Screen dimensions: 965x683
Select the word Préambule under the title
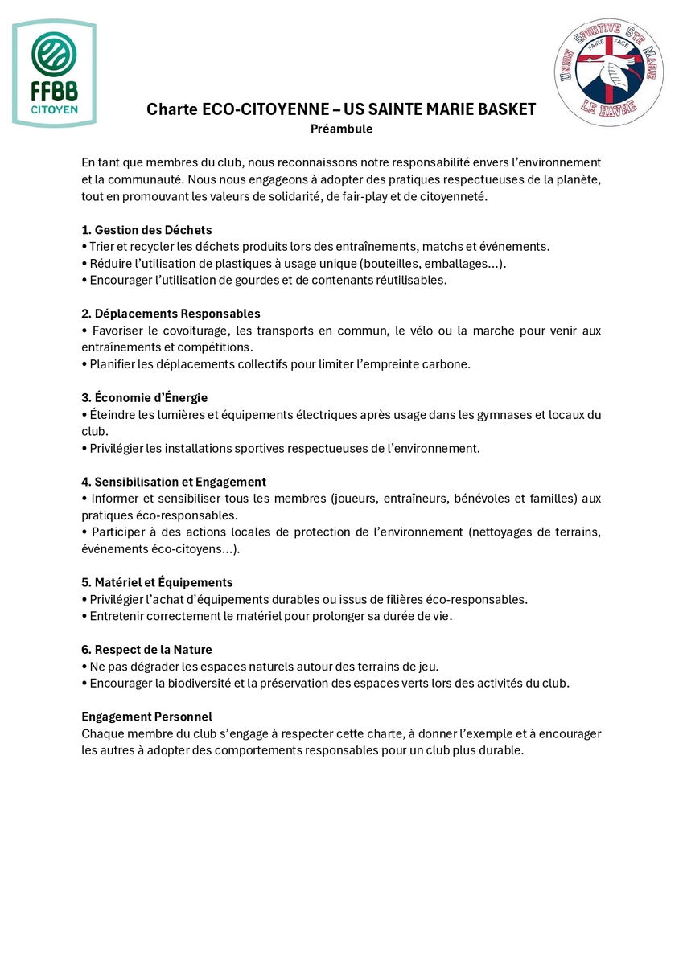coord(342,129)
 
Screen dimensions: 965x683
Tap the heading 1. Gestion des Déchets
coord(146,230)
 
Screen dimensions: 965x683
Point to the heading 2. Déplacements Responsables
coord(171,314)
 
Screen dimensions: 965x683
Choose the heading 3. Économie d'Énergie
coord(145,397)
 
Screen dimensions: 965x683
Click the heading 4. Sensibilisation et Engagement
coord(174,482)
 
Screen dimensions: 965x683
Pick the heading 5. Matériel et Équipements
coord(157,582)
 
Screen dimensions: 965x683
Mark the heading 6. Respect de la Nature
coord(146,649)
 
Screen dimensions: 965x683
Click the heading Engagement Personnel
coord(146,717)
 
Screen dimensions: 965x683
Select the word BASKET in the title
coord(503,109)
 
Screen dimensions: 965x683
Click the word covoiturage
coord(194,331)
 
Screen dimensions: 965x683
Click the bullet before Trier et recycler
coord(84,247)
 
